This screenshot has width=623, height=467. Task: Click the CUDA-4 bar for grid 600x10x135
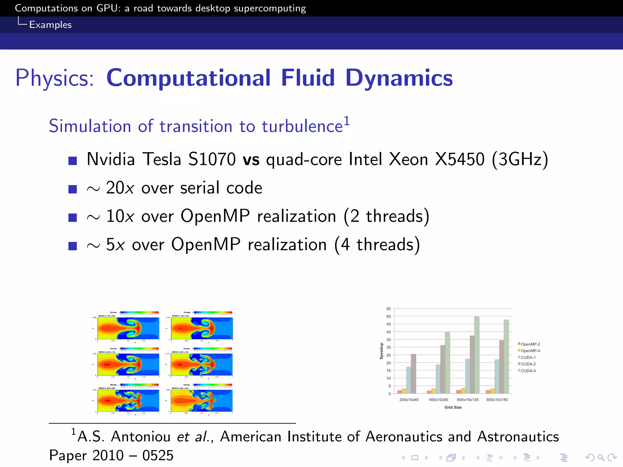[x=477, y=355]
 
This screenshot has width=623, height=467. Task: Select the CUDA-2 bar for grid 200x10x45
[x=413, y=374]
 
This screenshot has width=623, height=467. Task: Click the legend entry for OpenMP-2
[x=530, y=344]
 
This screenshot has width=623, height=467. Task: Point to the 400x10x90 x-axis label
[x=438, y=400]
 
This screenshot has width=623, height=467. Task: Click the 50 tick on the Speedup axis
[x=388, y=317]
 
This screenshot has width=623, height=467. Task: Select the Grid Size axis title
[x=453, y=407]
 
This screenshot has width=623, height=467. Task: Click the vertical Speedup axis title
[x=381, y=351]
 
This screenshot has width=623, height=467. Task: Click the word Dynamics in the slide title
[x=399, y=78]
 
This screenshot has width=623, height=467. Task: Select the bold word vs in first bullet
[x=251, y=159]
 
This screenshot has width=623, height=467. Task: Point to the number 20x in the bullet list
[x=120, y=188]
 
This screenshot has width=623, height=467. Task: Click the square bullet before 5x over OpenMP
[x=73, y=246]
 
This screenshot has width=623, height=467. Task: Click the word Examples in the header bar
[x=50, y=25]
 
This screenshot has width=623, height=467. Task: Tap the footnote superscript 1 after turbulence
[x=346, y=121]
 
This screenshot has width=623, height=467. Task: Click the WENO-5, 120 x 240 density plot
[x=128, y=328]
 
